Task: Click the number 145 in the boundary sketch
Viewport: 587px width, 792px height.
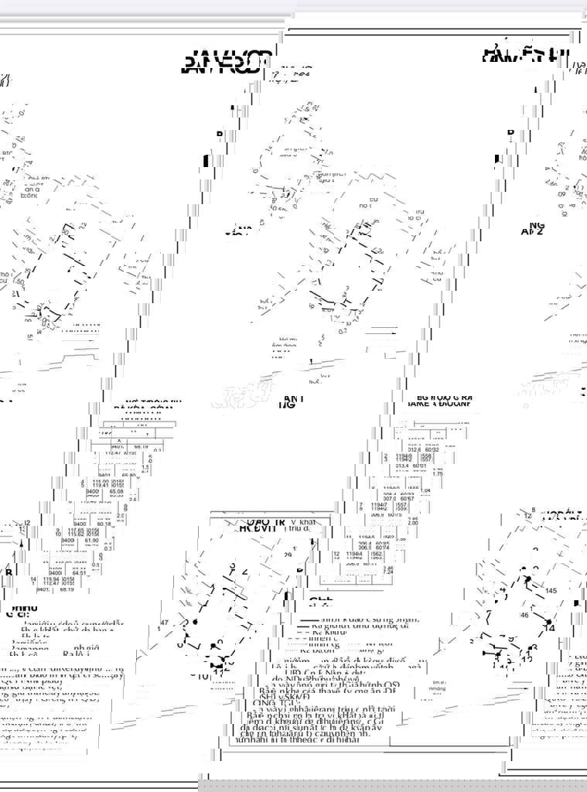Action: coord(550,591)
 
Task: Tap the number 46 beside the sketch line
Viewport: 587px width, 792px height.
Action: coord(525,615)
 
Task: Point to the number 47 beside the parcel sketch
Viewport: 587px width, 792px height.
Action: coord(164,622)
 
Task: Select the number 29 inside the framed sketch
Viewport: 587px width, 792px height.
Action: coord(288,555)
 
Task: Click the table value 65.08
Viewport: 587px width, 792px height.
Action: coord(116,490)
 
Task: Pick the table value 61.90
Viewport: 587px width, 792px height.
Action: coord(114,541)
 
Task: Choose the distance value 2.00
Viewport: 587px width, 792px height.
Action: coord(435,523)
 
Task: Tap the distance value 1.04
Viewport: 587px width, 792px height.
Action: coord(425,490)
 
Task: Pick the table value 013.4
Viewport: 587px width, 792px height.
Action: coord(401,466)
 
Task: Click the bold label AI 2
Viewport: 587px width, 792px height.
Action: coord(533,230)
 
